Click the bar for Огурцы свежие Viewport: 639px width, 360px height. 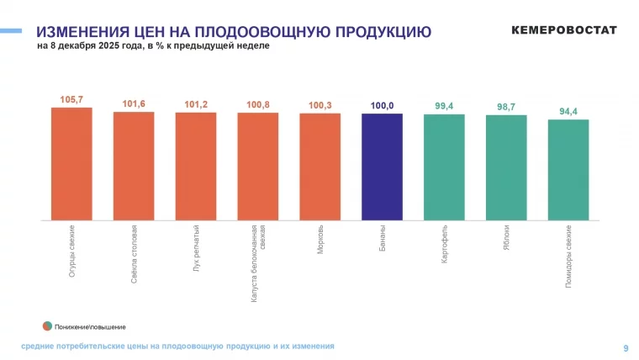pyautogui.click(x=71, y=164)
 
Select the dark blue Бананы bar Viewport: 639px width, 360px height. pyautogui.click(x=382, y=167)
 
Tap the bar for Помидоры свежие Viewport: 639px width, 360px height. pyautogui.click(x=568, y=170)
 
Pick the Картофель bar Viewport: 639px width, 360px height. pyautogui.click(x=444, y=167)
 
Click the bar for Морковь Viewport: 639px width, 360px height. pyautogui.click(x=319, y=167)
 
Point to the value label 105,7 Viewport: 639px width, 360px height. pyautogui.click(x=71, y=99)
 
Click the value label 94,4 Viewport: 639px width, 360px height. pyautogui.click(x=568, y=111)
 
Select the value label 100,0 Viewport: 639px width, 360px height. pyautogui.click(x=382, y=105)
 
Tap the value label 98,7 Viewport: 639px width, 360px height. pyautogui.click(x=506, y=106)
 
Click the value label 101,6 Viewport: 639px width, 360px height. pyautogui.click(x=134, y=103)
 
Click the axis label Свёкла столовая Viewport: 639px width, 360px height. pyautogui.click(x=135, y=253)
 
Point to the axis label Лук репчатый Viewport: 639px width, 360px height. pyautogui.click(x=196, y=247)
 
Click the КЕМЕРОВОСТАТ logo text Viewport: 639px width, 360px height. pyautogui.click(x=563, y=30)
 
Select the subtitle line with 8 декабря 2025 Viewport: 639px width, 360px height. pyautogui.click(x=153, y=46)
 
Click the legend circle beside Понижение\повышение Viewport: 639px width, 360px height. pyautogui.click(x=47, y=326)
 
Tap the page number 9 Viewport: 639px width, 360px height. pyautogui.click(x=625, y=347)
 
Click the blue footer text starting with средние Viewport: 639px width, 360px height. pyautogui.click(x=177, y=346)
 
